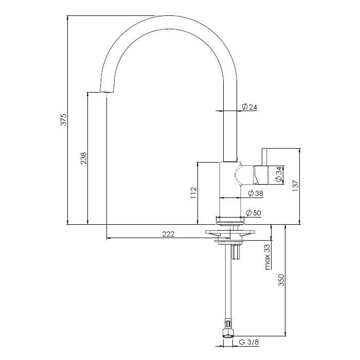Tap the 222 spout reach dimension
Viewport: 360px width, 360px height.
pyautogui.click(x=168, y=234)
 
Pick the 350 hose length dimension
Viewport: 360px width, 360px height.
pyautogui.click(x=280, y=280)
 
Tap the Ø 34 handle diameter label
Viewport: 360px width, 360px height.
pyautogui.click(x=278, y=174)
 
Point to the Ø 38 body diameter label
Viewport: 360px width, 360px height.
pyautogui.click(x=255, y=193)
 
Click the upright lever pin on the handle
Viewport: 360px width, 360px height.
pyautogui.click(x=263, y=157)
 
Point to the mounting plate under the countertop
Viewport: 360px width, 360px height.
pyautogui.click(x=228, y=233)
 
